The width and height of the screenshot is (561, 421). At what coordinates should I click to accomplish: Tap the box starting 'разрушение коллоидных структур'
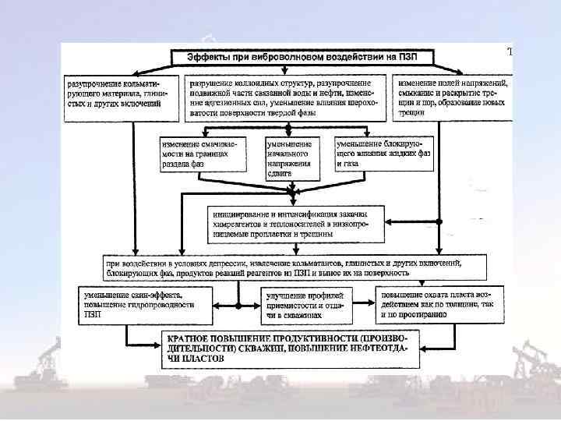[x=286, y=97]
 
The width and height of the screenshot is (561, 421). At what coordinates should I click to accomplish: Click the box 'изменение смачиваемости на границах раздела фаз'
[x=198, y=154]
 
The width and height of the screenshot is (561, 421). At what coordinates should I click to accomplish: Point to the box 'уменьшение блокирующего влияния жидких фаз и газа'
[x=383, y=154]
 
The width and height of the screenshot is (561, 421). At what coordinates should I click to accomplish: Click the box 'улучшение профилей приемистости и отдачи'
[x=307, y=305]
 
